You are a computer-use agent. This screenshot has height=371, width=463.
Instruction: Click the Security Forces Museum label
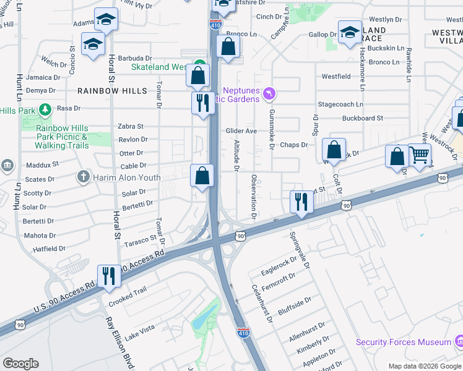pos(403,342)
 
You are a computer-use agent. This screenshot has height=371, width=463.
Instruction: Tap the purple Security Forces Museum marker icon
pos(459,341)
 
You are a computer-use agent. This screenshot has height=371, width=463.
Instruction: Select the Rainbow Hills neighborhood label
pos(113,91)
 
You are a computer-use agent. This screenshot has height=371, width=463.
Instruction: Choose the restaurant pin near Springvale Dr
pos(301,202)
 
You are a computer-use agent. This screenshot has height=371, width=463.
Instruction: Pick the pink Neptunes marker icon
pos(269,94)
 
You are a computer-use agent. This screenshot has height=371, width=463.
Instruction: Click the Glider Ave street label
pos(241,131)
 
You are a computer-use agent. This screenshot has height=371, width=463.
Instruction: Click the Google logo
pos(20,364)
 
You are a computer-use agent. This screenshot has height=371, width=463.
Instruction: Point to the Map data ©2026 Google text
pos(424,366)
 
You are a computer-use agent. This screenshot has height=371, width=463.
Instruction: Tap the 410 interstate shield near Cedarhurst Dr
pos(244,333)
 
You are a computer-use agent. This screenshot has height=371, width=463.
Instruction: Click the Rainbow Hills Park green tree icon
pos(44,110)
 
